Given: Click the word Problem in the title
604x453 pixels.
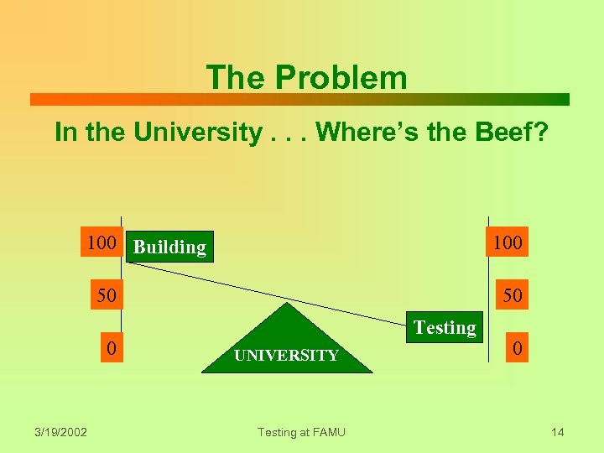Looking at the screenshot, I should click(x=340, y=78).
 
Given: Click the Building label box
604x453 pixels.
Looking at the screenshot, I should click(x=170, y=247).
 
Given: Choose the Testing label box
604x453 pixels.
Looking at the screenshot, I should click(x=445, y=327).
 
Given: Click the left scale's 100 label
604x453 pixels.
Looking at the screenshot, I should click(x=102, y=243).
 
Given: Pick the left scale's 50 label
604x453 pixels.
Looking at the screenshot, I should click(x=106, y=295).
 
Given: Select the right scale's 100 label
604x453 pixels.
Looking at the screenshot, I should click(x=508, y=243).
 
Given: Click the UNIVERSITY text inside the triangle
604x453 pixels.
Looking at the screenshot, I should click(x=286, y=356).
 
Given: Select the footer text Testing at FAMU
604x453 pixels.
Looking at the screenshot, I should click(x=301, y=432).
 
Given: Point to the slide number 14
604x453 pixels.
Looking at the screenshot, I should click(x=558, y=432).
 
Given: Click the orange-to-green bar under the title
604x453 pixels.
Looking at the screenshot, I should click(x=299, y=99).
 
